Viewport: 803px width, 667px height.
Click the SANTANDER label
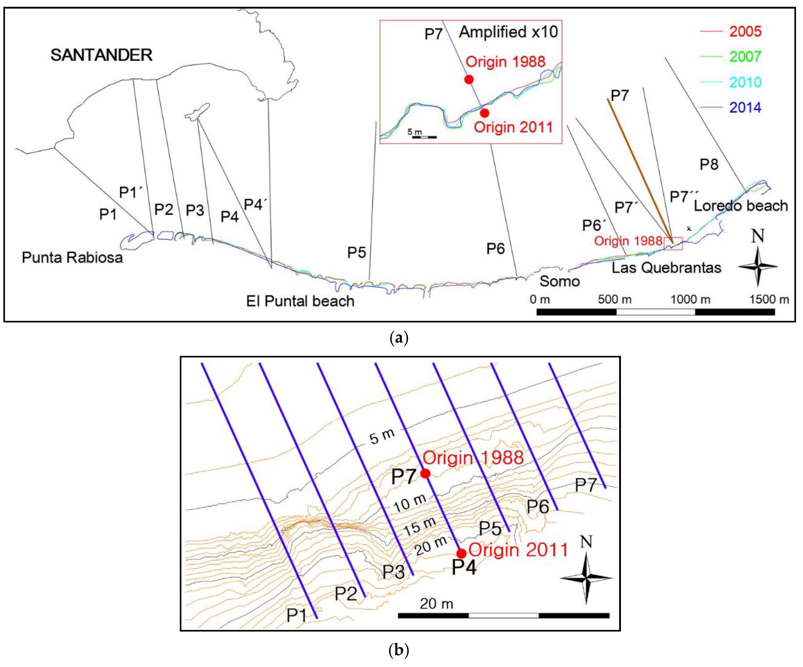coord(101,55)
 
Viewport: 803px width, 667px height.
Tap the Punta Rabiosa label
coord(72,257)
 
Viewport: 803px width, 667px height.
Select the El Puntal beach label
coord(300,301)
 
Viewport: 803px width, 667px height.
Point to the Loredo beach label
coord(741,206)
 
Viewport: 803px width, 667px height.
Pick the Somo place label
coord(560,282)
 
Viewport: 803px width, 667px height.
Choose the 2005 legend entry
coord(745,31)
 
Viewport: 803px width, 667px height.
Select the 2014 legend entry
coord(745,108)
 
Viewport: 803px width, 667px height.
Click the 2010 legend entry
coord(745,82)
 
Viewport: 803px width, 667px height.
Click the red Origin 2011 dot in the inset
coord(485,113)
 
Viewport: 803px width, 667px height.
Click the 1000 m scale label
coord(690,299)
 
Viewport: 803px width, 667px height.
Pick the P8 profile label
coord(709,164)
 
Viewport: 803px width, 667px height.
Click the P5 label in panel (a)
coord(356,252)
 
